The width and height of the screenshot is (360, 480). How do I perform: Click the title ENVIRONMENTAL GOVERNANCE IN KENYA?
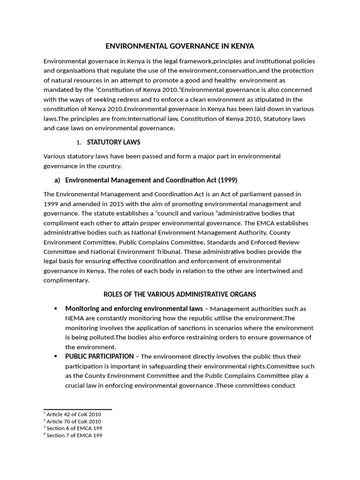coord(180,46)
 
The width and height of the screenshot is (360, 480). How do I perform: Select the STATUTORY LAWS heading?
coord(113,142)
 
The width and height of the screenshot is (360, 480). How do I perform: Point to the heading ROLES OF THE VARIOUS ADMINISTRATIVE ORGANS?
coord(180,294)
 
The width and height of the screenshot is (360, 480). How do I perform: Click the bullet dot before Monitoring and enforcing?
coord(56,308)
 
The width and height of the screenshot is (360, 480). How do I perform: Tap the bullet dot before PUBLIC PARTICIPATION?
coord(56,357)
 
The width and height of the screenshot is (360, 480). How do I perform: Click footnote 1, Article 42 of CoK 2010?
coord(73,414)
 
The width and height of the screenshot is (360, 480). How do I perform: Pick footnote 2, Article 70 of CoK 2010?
coord(73,421)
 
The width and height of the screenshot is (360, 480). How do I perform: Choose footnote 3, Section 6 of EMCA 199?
coord(73,428)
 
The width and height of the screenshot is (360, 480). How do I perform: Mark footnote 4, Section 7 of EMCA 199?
coord(73,435)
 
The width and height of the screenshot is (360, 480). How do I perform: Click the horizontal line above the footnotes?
coord(77,409)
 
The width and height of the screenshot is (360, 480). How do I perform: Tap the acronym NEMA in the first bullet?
coord(74,318)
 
